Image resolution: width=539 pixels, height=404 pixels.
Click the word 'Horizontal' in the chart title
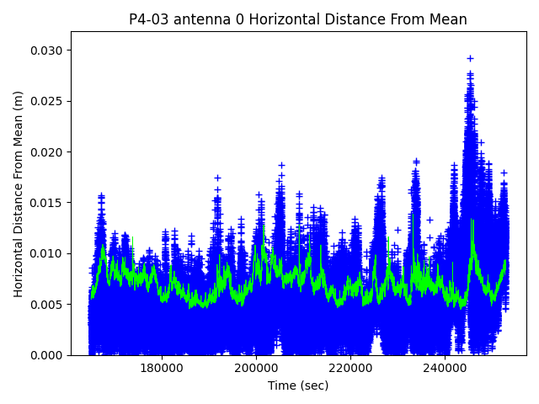[264, 19]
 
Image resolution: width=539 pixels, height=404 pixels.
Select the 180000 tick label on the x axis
[161, 368]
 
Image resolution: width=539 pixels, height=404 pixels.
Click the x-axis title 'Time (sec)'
[298, 385]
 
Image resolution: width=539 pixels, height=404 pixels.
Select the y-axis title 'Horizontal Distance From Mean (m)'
[19, 194]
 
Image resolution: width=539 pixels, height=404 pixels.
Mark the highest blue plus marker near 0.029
[470, 59]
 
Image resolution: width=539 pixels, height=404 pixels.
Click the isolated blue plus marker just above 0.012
[398, 230]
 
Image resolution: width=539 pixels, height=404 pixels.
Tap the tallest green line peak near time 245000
[472, 221]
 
